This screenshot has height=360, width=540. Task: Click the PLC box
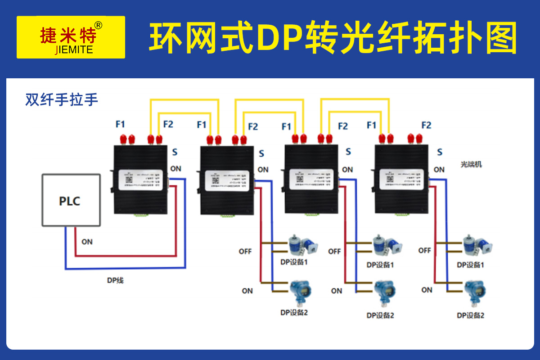point(70,201)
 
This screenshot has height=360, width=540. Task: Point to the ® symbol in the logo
point(99,25)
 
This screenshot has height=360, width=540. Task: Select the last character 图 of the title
point(500,38)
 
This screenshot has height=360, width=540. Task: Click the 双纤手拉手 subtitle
point(62,99)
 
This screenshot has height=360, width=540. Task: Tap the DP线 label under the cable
point(115,280)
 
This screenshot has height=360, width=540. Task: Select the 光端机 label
point(471,164)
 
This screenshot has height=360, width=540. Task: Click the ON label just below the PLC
point(87,242)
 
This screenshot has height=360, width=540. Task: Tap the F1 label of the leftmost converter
point(120,124)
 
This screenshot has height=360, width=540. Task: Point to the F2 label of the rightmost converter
point(426,125)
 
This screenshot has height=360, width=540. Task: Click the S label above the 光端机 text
point(440,152)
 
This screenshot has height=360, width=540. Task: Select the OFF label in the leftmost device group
point(245,251)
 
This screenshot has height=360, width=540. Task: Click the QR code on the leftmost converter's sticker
point(129,180)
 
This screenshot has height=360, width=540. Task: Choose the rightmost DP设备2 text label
point(471,315)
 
